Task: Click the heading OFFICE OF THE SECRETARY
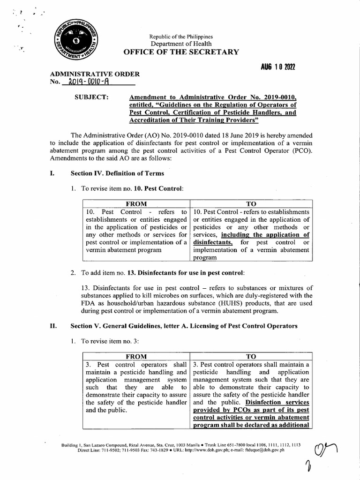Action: pos(180,52)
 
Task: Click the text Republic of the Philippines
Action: pos(180,36)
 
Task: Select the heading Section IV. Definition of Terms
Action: pos(117,173)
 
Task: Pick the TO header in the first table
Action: pos(251,204)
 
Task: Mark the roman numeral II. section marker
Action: pos(53,326)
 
